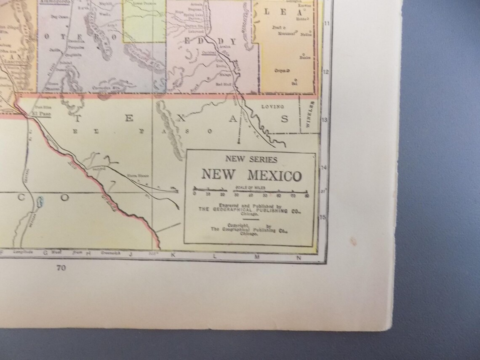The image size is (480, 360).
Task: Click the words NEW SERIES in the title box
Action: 251,160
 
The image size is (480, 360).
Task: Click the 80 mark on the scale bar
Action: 307,195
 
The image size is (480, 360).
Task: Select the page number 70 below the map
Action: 61,270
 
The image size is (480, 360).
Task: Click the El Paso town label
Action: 40,113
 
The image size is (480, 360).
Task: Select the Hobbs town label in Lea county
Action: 301,19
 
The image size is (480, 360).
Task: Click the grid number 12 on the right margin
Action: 325,72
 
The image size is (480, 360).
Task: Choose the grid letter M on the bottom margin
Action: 256,256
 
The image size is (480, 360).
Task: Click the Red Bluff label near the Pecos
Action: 221,84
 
